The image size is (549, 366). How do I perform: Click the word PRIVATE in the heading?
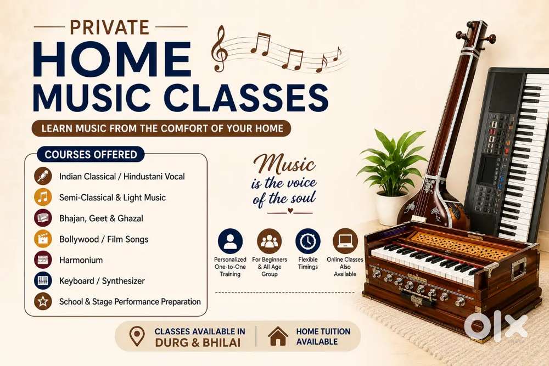pyautogui.click(x=110, y=27)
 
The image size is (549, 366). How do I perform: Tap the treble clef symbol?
pyautogui.click(x=220, y=49)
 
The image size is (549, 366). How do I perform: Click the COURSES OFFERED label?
pyautogui.click(x=91, y=154)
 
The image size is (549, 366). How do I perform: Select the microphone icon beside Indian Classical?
pyautogui.click(x=43, y=176)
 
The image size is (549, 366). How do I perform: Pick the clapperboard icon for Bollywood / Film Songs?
pyautogui.click(x=43, y=239)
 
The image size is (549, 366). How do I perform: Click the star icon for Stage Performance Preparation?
pyautogui.click(x=43, y=301)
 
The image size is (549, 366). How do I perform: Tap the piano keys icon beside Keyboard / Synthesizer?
pyautogui.click(x=43, y=280)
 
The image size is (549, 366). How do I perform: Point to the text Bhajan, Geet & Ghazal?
pyautogui.click(x=101, y=218)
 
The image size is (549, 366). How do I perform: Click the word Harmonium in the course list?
pyautogui.click(x=81, y=260)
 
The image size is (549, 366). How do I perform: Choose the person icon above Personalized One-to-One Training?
pyautogui.click(x=230, y=241)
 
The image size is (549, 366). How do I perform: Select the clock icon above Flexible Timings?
pyautogui.click(x=308, y=241)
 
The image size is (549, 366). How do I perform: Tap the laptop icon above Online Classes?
pyautogui.click(x=345, y=241)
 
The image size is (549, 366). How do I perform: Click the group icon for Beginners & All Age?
pyautogui.click(x=269, y=241)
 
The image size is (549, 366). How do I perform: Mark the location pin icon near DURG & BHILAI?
pyautogui.click(x=137, y=336)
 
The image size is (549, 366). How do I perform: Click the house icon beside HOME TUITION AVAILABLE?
pyautogui.click(x=278, y=336)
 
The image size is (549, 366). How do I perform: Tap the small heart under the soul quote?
pyautogui.click(x=290, y=211)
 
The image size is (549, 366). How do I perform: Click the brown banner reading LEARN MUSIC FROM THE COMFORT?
pyautogui.click(x=161, y=128)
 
